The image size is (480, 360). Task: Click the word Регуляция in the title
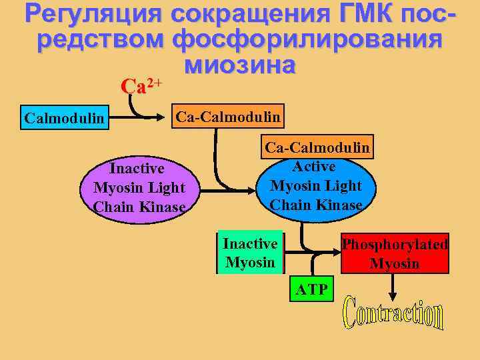(x=93, y=14)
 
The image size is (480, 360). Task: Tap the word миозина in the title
(x=239, y=65)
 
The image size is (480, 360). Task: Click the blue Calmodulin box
(x=64, y=119)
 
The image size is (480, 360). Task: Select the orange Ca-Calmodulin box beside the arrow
(x=228, y=118)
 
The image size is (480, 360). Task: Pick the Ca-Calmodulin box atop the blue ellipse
(x=317, y=147)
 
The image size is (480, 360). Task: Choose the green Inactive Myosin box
(x=250, y=253)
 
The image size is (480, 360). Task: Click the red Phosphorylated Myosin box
(x=395, y=253)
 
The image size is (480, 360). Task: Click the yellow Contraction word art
(x=393, y=317)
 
